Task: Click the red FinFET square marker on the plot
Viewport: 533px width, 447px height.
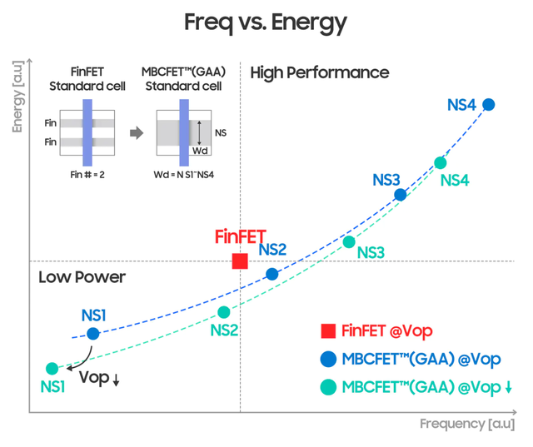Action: [240, 261]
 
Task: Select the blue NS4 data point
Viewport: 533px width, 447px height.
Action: [489, 104]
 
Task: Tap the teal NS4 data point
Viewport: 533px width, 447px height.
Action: [441, 163]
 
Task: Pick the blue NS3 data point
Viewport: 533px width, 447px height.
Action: [401, 195]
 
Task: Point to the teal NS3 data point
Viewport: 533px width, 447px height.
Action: [349, 242]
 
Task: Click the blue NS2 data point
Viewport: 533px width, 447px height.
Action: [272, 274]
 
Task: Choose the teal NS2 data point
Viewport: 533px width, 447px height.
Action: [224, 312]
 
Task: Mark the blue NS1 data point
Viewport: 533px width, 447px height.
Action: [93, 334]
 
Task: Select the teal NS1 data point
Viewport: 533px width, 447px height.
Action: [52, 368]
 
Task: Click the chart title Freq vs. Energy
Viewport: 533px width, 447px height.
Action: [266, 23]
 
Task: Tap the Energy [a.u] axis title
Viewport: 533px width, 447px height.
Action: [17, 97]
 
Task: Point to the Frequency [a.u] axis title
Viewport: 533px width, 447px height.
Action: [467, 424]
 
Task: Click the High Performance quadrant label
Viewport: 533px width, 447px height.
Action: [320, 73]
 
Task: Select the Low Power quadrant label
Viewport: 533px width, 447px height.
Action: [82, 277]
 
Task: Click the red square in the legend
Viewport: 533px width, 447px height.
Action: [328, 331]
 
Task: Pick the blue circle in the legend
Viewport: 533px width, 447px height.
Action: [328, 359]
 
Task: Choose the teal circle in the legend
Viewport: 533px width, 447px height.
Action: [328, 387]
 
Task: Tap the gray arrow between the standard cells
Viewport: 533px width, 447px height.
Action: [137, 133]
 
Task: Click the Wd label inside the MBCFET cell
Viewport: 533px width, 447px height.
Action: [200, 151]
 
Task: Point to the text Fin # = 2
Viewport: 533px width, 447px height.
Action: [87, 175]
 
